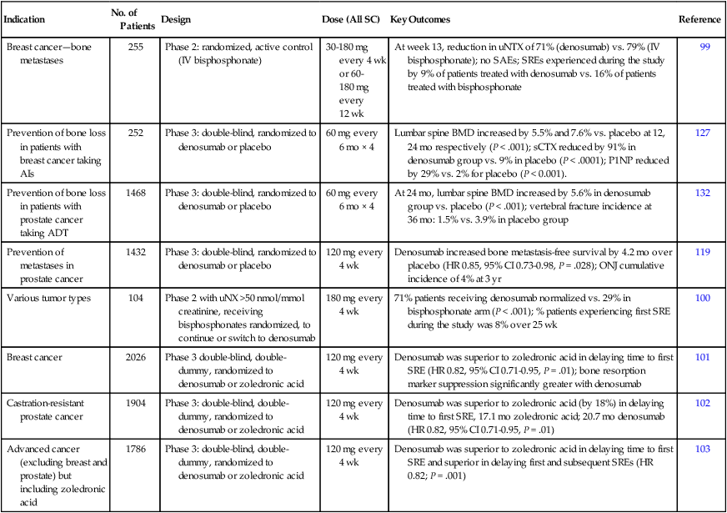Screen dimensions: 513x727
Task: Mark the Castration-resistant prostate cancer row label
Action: tap(50, 410)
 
